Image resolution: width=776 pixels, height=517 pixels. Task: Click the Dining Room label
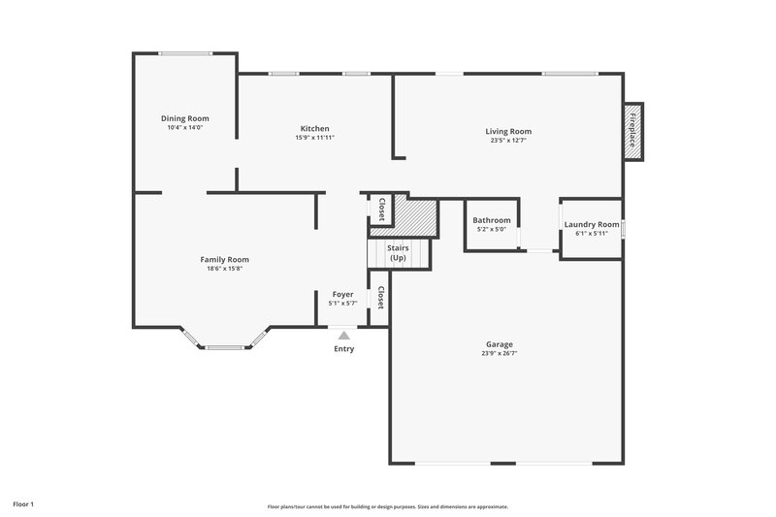184,118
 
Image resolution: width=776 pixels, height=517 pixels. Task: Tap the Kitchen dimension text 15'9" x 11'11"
314,138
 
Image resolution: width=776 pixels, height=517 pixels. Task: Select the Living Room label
508,131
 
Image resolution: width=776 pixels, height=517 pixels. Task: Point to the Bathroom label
492,220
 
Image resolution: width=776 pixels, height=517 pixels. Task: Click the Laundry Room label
591,224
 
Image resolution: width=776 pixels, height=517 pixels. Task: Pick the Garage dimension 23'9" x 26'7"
500,354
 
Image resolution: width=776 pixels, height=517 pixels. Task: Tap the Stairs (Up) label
398,253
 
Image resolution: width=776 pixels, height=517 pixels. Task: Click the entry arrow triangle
343,335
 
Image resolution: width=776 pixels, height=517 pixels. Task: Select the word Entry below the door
343,349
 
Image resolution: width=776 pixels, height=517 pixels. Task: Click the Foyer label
343,294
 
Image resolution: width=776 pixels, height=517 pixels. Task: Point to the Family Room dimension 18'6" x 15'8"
224,269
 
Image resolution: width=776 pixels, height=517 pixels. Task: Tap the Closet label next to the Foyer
381,297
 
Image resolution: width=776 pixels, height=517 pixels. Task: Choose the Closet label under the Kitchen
381,209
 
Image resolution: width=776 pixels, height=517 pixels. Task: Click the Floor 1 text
23,504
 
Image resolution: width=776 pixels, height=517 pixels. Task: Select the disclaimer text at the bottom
388,506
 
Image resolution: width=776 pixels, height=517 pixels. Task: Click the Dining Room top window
185,53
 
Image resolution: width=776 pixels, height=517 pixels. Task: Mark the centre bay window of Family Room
224,347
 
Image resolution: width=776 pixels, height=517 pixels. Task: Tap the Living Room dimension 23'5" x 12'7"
508,141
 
